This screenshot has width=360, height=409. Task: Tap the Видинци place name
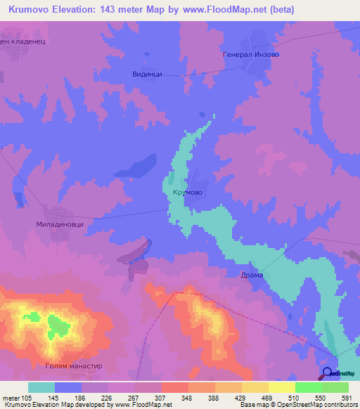pos(147,72)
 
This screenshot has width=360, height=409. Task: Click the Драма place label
pos(251,275)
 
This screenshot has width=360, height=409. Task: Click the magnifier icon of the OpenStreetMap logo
pos(328,373)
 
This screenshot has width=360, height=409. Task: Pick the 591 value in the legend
pos(345,397)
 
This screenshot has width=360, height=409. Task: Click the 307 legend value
pos(161,397)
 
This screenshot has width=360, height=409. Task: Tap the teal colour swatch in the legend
pos(41,387)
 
